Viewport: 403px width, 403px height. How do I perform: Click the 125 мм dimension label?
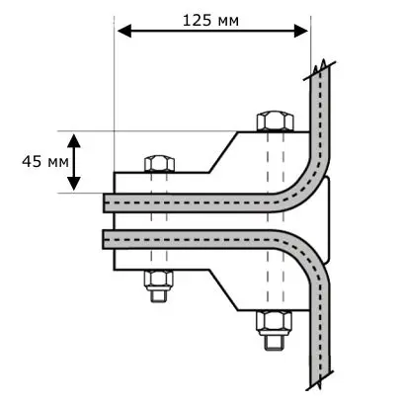(x=210, y=21)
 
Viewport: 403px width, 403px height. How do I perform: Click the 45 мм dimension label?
(x=45, y=162)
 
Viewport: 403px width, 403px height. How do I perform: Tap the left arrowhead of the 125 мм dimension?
(x=124, y=31)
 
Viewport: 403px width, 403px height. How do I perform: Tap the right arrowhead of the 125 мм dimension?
(x=301, y=31)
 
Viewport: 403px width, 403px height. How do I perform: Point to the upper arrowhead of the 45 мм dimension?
(x=74, y=140)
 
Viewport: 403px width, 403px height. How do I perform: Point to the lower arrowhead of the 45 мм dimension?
(x=74, y=184)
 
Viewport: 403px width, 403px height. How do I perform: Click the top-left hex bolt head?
(x=159, y=163)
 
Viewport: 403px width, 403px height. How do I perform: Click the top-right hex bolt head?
(x=275, y=121)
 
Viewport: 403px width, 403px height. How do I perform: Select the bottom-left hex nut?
(x=159, y=279)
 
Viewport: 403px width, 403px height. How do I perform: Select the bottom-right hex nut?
(x=275, y=321)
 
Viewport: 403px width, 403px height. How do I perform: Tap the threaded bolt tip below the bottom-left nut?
(x=159, y=294)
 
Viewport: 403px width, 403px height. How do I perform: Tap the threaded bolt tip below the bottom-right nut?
(x=275, y=341)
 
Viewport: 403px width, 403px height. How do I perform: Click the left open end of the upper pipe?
(x=104, y=202)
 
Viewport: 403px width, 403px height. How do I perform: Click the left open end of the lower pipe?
(x=104, y=239)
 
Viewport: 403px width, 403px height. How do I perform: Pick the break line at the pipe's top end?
(x=319, y=71)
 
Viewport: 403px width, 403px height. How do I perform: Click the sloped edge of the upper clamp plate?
(x=223, y=152)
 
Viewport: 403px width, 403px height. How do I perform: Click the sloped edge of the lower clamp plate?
(x=223, y=289)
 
